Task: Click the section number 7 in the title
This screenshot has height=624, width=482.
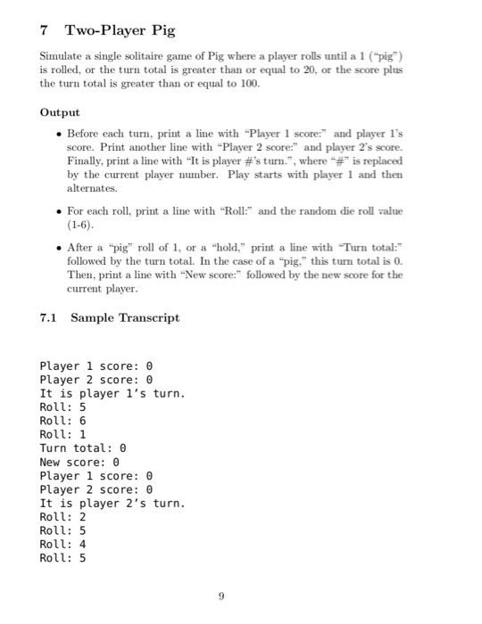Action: [x=46, y=30]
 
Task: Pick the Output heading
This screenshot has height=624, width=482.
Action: [x=61, y=113]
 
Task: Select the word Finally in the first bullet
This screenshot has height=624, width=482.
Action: [x=87, y=160]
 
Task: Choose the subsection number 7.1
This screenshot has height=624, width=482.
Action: [x=52, y=317]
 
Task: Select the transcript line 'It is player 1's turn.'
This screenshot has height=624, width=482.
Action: [x=112, y=393]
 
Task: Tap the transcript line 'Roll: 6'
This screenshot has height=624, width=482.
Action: [x=62, y=421]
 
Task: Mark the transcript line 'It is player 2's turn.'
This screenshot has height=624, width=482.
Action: [x=112, y=504]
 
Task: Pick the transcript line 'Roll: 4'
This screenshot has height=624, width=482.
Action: [x=62, y=546]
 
